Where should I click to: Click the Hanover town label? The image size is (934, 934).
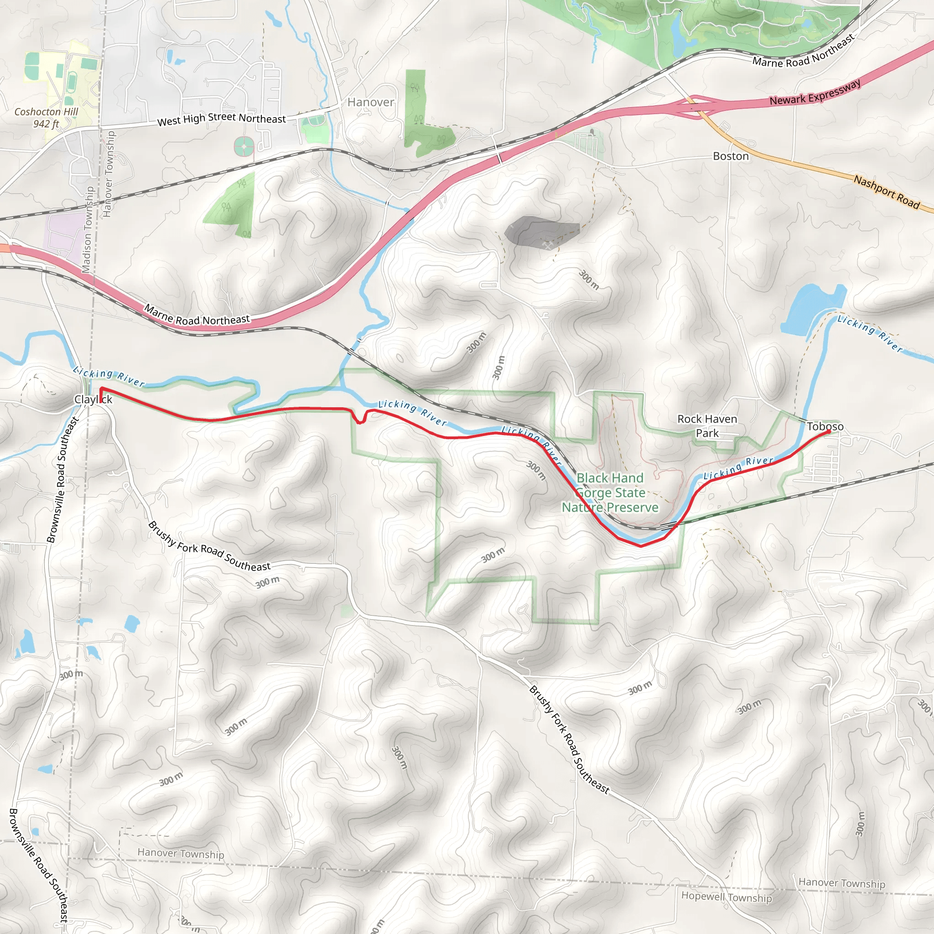[371, 102]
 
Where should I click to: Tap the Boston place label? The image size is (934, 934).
[731, 156]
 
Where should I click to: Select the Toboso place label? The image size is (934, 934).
[825, 426]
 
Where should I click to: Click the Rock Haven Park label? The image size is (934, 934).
[707, 426]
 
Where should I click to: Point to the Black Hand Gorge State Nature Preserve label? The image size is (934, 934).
[610, 493]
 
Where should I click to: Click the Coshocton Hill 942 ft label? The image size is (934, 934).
[46, 118]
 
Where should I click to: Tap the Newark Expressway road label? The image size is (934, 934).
[815, 93]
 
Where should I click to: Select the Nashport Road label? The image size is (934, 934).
[886, 192]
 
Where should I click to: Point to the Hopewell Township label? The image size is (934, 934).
[726, 897]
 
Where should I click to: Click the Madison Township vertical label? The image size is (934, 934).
[88, 230]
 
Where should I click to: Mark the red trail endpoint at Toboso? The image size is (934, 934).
[828, 432]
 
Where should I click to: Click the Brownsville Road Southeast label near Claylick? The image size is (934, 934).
[62, 480]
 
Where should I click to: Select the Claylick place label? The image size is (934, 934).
[93, 400]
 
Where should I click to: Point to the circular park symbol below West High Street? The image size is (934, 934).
[244, 146]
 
